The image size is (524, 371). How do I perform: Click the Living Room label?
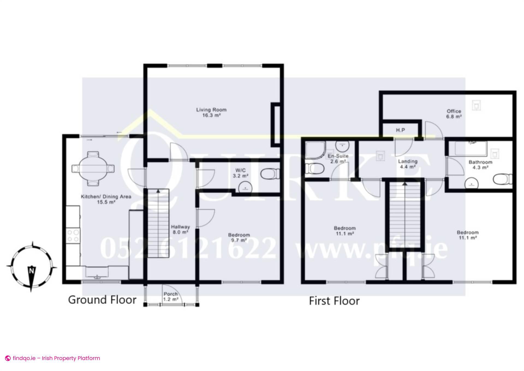click(211, 112)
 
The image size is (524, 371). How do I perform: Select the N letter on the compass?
click(32, 271)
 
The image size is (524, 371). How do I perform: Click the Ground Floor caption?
click(102, 300)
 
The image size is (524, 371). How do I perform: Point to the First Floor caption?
click(334, 301)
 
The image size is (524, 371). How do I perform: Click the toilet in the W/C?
click(270, 173)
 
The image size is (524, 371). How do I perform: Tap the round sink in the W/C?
click(245, 188)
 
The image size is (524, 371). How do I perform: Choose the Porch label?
click(171, 296)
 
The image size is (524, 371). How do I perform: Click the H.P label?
click(400, 130)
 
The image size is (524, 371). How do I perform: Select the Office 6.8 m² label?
click(454, 114)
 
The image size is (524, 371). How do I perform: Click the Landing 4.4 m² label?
click(407, 164)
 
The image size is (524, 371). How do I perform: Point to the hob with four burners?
click(73, 236)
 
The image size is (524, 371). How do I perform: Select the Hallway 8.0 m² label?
click(180, 229)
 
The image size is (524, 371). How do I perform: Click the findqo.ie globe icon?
click(8, 358)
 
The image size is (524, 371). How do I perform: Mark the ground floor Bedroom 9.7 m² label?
click(239, 237)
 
